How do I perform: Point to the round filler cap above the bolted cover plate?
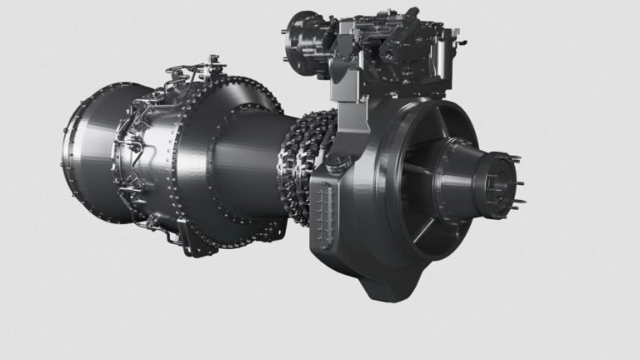coord(321,167)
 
